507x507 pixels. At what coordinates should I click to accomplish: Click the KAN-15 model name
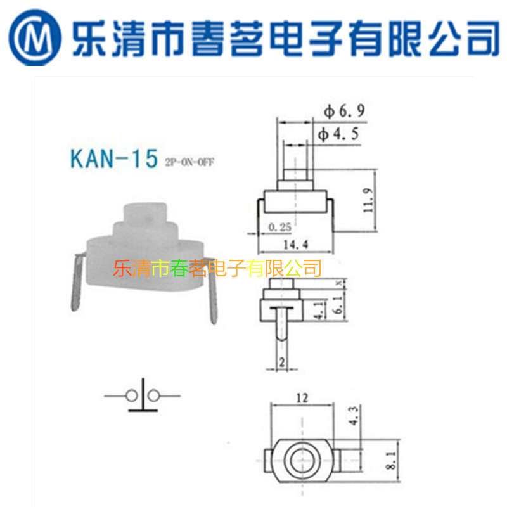click(x=113, y=158)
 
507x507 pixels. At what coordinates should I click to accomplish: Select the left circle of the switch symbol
click(x=132, y=396)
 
